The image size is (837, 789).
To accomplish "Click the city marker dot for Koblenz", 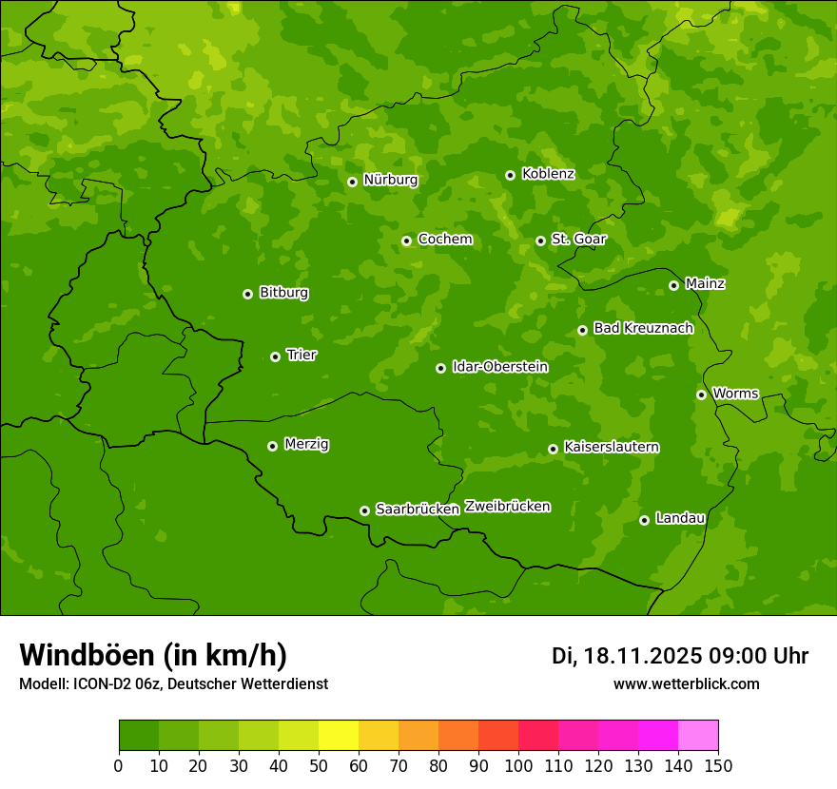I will tap(511, 175).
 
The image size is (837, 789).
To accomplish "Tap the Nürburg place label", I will tap(390, 180).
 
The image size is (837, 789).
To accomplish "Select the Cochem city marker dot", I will tap(407, 241).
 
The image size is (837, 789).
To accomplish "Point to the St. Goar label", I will tap(578, 239).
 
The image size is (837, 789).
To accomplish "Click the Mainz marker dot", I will tap(674, 285).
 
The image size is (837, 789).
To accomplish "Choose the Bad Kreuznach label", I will tap(643, 328).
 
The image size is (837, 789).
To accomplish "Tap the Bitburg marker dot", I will tap(248, 294).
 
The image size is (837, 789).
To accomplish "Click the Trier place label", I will tap(302, 355).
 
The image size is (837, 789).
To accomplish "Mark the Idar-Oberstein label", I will tap(499, 366).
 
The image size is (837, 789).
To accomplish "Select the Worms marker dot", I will tap(702, 394).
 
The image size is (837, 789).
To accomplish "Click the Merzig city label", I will tap(306, 444).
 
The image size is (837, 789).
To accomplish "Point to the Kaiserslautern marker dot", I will tap(554, 449).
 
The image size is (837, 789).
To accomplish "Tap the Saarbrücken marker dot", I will tap(365, 510).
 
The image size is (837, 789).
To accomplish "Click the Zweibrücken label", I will tap(507, 507).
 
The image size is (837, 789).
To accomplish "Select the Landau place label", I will tap(680, 518).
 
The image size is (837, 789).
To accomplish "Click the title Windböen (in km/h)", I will tap(152, 655).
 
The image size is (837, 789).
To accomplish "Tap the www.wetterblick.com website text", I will tap(686, 683).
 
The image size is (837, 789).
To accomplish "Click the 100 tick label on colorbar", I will tap(518, 766).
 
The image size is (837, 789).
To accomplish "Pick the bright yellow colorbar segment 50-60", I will tap(338, 736).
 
